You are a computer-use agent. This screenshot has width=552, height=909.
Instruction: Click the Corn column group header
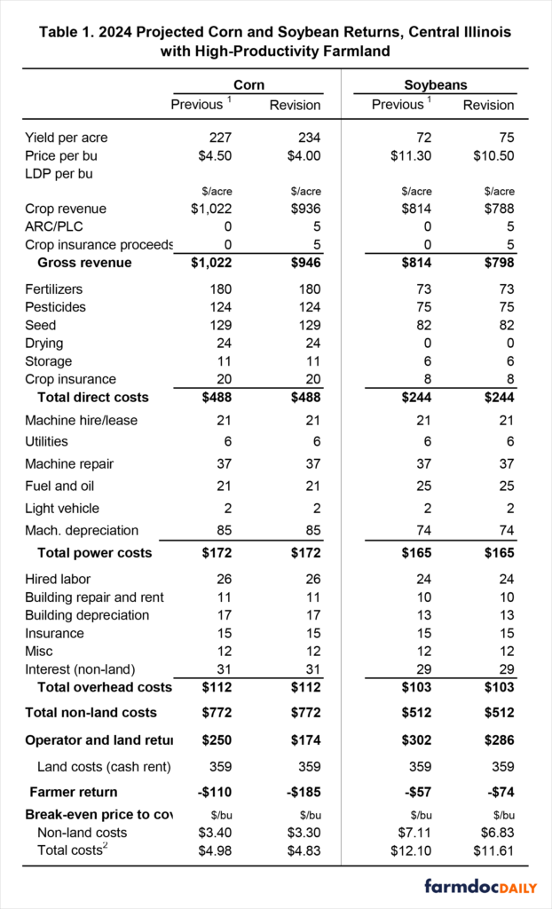(x=248, y=85)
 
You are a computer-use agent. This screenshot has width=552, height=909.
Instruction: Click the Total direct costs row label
(x=93, y=397)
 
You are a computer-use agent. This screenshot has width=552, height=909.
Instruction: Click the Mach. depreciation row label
(x=82, y=530)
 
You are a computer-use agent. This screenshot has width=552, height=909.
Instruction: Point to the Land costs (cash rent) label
(x=104, y=766)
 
